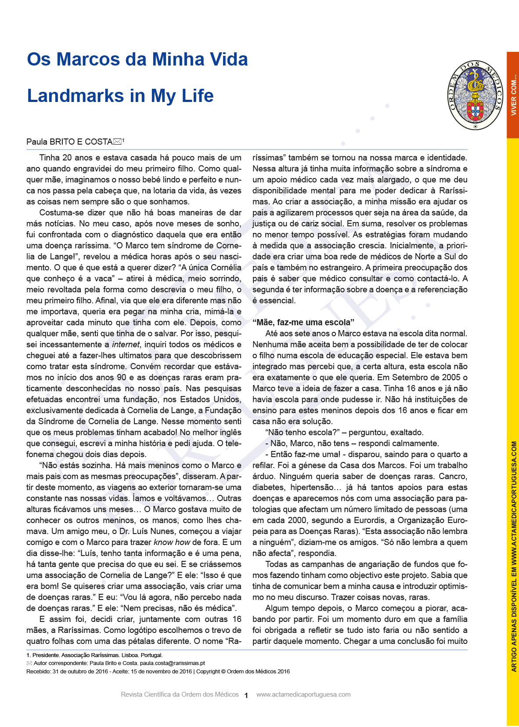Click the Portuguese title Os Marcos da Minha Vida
137,59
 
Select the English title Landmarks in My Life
120,96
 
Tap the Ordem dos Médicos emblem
475,95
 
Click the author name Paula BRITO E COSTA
69,142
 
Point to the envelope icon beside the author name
117,142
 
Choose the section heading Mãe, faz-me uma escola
303,322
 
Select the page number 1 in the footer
246,695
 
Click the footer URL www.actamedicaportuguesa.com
303,694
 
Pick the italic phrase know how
172,542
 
